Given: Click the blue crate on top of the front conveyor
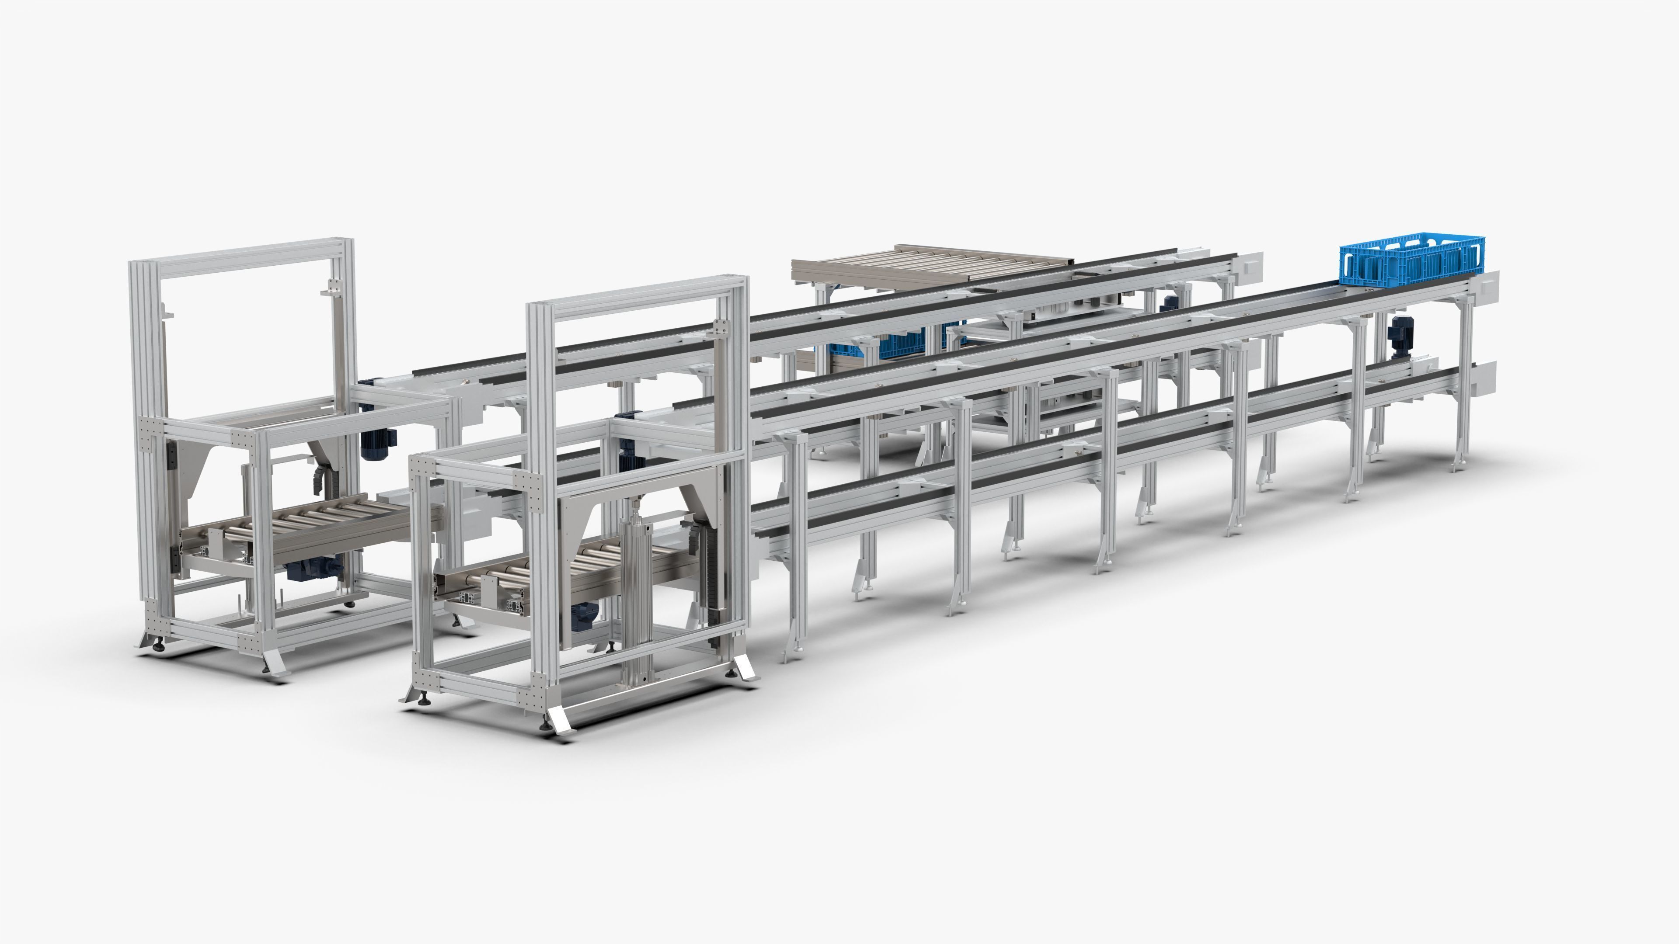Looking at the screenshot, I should tap(1411, 264).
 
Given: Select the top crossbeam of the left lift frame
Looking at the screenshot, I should tap(241, 251).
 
